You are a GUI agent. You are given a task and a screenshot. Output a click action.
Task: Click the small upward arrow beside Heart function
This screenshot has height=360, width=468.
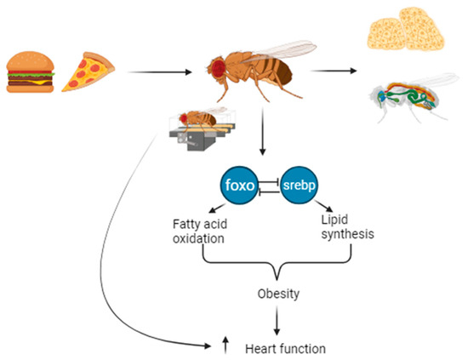[225, 345]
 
